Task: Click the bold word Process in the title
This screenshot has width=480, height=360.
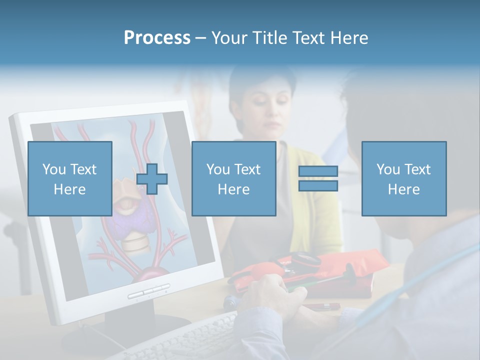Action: coord(157,38)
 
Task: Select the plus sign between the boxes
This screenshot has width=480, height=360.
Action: coord(152,179)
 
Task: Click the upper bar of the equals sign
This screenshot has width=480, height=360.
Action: coord(318,171)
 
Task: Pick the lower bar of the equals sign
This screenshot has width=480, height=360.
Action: coord(318,185)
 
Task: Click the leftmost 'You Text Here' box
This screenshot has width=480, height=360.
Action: coord(69,178)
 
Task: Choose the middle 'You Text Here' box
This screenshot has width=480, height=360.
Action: coord(233,178)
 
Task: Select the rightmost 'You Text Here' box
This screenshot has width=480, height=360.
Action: coord(403,178)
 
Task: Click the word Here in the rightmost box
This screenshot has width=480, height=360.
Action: coord(403,189)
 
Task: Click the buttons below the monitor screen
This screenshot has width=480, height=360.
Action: coord(148,291)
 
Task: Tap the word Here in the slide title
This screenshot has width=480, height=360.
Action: coord(347,38)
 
